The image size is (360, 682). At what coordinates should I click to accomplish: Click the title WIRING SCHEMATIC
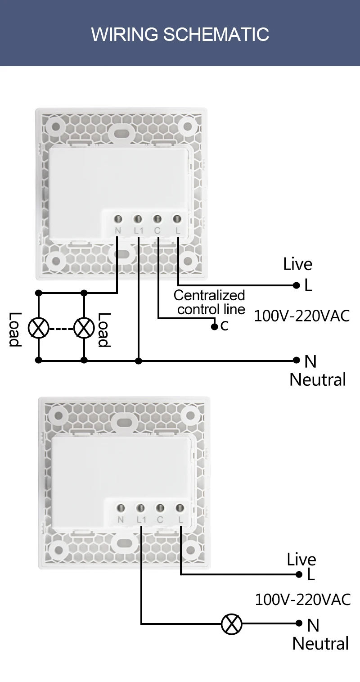180,34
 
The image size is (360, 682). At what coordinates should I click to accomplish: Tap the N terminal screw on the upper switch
118,219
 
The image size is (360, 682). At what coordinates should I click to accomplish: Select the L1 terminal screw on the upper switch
138,219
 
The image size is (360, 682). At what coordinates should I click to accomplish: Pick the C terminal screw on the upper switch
157,219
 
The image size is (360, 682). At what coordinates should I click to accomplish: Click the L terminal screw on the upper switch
177,219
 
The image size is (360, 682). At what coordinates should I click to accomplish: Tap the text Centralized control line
210,302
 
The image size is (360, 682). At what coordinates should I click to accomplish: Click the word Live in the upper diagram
297,264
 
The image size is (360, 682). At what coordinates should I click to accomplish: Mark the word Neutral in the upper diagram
317,379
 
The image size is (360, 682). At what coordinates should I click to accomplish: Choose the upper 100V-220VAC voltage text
301,316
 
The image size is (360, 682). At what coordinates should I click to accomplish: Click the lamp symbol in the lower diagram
232,624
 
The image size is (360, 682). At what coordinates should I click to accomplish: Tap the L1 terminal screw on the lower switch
140,508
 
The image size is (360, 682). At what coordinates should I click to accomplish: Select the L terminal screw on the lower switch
180,508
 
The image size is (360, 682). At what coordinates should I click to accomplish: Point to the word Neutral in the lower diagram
320,644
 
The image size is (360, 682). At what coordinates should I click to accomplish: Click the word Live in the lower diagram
301,560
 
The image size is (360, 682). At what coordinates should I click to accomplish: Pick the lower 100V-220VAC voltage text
302,600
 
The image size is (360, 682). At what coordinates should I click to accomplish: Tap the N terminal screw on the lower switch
121,508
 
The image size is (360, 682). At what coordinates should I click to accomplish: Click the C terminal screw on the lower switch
160,508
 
